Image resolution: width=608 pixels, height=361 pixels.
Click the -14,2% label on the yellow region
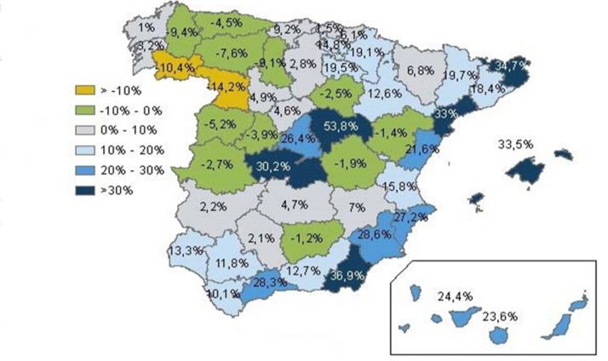[225, 86]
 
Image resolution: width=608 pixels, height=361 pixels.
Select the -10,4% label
[175, 66]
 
